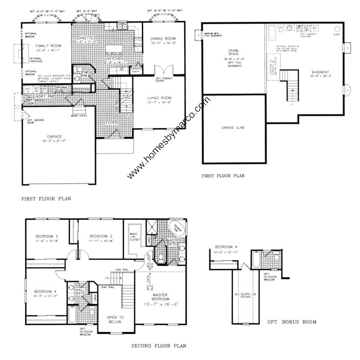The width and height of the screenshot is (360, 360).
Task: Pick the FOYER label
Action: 111,123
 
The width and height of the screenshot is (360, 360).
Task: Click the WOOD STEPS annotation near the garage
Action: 78,115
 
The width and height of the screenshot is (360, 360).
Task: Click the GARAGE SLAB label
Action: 232,128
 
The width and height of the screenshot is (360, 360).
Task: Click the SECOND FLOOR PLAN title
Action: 159,346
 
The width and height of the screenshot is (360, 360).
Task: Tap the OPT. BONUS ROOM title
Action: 291,322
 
